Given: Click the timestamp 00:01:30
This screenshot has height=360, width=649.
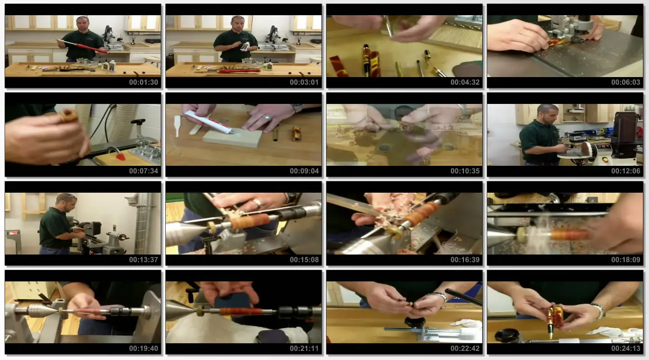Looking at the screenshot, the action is pyautogui.click(x=143, y=82).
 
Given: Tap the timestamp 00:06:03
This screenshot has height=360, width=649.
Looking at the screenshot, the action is pyautogui.click(x=626, y=82).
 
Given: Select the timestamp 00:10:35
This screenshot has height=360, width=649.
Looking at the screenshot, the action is pyautogui.click(x=465, y=171).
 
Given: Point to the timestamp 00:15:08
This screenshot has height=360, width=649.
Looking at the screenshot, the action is pyautogui.click(x=304, y=260).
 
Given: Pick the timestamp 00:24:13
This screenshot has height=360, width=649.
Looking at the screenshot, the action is pyautogui.click(x=626, y=348).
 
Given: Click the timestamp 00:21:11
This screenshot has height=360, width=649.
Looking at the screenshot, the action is pyautogui.click(x=304, y=348).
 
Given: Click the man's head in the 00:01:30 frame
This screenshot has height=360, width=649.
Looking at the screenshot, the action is pyautogui.click(x=82, y=23).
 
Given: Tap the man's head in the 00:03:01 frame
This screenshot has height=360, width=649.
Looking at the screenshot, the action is pyautogui.click(x=238, y=23).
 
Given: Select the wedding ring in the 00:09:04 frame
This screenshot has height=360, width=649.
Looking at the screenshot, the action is pyautogui.click(x=267, y=118).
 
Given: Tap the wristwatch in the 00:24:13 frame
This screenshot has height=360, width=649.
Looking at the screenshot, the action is pyautogui.click(x=597, y=310).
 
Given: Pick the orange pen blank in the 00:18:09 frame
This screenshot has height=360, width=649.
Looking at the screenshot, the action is pyautogui.click(x=569, y=234).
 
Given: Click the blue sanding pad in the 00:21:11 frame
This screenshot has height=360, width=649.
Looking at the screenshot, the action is pyautogui.click(x=232, y=302).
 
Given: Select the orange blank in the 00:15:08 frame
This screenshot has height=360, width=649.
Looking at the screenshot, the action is pyautogui.click(x=250, y=221).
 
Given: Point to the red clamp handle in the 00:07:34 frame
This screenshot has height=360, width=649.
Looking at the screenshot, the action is pyautogui.click(x=121, y=157).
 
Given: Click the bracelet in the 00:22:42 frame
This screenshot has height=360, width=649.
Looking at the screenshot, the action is pyautogui.click(x=440, y=297).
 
